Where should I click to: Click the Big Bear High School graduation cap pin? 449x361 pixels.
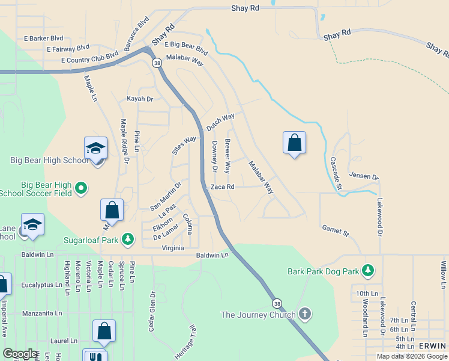96,147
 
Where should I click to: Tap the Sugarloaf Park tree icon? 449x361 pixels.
128,239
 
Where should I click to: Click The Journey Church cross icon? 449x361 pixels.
305,314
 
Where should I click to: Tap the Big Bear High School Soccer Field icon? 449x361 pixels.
82,188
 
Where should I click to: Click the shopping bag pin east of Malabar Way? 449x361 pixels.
294,143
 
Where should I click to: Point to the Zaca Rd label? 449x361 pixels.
222,187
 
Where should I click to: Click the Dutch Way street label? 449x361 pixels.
220,123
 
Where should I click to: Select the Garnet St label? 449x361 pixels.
335,230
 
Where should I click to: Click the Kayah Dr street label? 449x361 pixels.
140,99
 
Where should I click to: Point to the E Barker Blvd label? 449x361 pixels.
43,39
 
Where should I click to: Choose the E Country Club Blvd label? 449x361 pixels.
89,60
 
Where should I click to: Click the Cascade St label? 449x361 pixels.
336,175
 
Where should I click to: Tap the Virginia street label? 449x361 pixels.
173,248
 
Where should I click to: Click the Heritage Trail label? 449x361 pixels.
185,344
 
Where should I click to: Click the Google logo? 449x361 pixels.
20,354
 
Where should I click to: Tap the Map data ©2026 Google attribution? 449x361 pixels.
411,356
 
